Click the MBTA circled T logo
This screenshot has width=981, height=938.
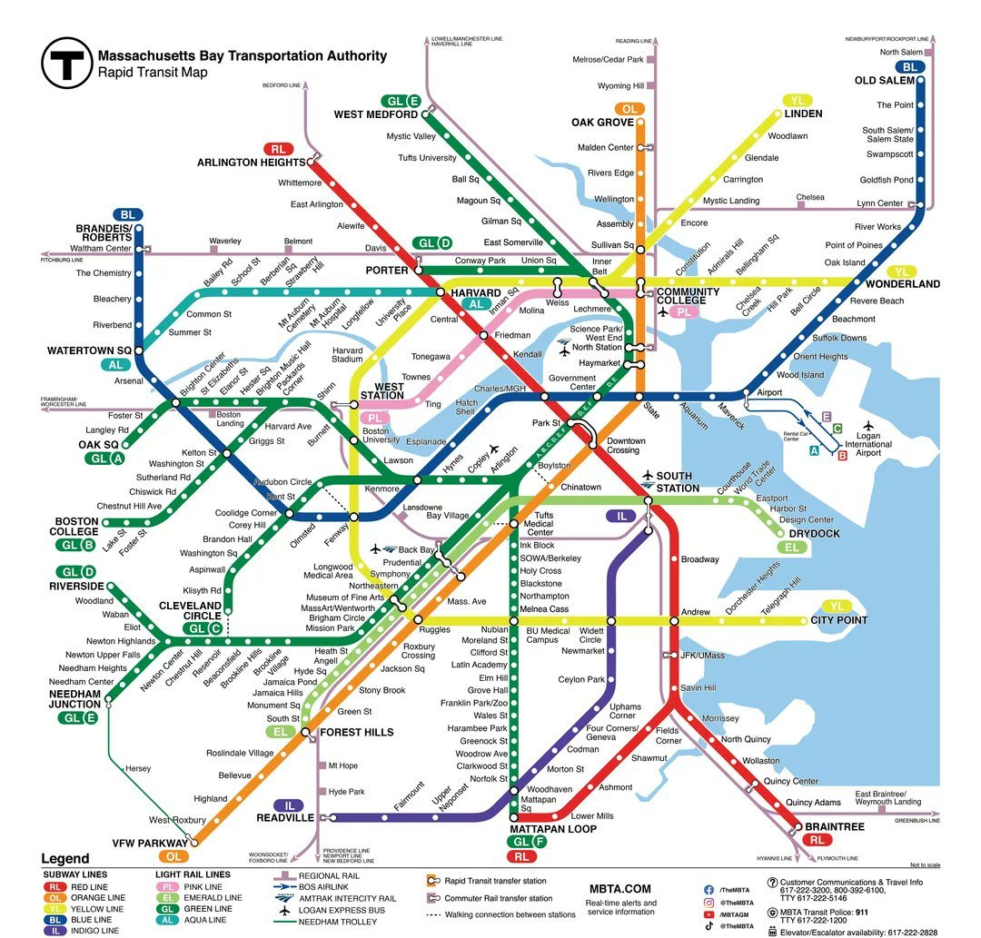tap(66, 62)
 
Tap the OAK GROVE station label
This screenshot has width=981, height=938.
tap(602, 123)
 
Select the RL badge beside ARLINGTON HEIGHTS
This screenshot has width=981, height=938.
tap(278, 149)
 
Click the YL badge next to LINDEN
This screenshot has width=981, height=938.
tap(797, 100)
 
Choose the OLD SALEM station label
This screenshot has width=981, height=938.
tap(884, 81)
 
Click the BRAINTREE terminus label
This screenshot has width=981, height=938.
tap(834, 827)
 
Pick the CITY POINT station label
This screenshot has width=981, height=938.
tap(839, 621)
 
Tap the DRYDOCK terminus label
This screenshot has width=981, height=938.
tap(814, 534)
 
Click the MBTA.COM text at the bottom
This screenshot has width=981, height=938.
tap(619, 888)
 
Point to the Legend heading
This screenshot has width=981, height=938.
tap(65, 859)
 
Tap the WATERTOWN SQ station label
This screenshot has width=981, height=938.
tap(89, 351)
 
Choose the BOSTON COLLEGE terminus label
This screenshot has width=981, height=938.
tap(76, 528)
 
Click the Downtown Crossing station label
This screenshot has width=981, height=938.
tap(626, 445)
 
